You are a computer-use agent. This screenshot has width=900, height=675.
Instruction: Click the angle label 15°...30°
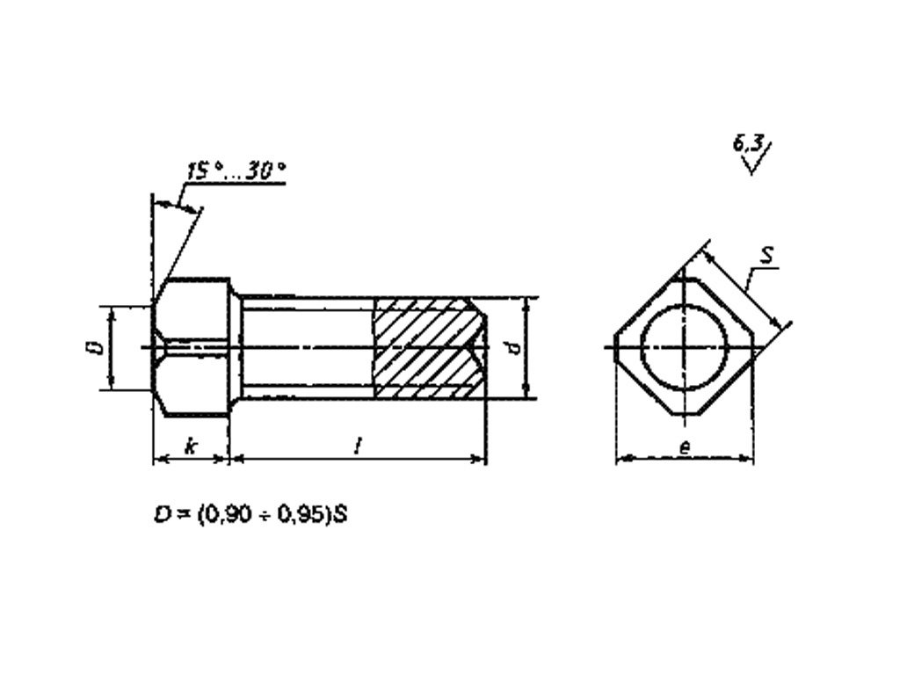(236, 171)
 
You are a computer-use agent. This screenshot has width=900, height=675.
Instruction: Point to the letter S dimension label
(766, 256)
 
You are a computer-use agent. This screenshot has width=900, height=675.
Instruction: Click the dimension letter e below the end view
(685, 447)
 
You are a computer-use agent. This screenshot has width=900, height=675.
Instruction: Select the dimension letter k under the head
(191, 447)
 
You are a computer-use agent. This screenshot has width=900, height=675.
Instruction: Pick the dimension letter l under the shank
(357, 447)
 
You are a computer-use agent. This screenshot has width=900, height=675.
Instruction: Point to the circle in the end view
(684, 347)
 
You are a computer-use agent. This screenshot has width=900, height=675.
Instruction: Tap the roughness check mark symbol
(751, 162)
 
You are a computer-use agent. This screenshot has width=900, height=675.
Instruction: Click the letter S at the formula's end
(341, 515)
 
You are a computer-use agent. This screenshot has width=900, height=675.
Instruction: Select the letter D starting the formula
(161, 515)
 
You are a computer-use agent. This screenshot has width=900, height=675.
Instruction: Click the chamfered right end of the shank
(480, 347)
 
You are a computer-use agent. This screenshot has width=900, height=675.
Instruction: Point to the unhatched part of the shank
(308, 347)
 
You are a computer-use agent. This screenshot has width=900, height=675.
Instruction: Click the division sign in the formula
(261, 515)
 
